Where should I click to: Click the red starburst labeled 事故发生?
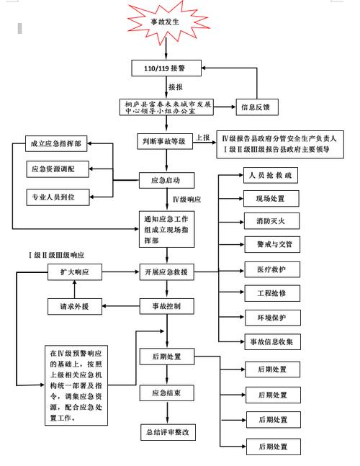166,22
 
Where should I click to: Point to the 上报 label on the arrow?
203,138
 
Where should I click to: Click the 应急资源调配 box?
57,169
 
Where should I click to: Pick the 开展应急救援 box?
167,272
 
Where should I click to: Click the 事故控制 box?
167,307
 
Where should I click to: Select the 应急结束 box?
167,393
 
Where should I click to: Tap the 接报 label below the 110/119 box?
176,87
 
